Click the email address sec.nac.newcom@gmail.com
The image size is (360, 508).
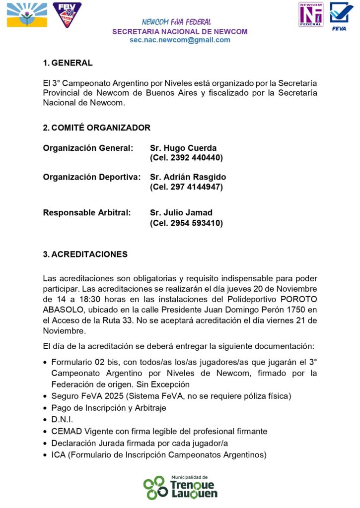click(180, 40)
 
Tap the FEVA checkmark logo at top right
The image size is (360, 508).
click(341, 16)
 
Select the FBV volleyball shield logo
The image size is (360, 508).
click(67, 15)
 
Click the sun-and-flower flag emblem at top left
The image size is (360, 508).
click(27, 15)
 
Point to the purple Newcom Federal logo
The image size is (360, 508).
click(311, 14)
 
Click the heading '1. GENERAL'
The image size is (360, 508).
click(68, 63)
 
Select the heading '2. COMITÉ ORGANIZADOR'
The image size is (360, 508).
click(96, 128)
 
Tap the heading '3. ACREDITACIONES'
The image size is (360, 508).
click(85, 254)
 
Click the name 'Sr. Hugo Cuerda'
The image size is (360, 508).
click(183, 148)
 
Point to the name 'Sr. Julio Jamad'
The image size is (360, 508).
click(181, 213)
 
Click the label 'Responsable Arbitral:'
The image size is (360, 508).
click(87, 213)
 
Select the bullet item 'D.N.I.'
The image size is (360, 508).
click(63, 420)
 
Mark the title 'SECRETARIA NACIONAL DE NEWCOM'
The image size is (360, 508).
click(180, 32)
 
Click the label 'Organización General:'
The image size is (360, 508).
click(88, 148)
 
